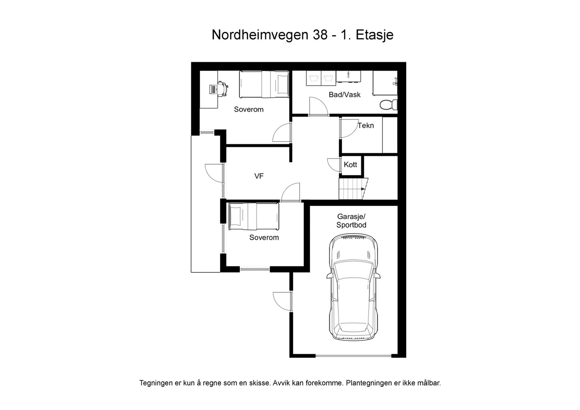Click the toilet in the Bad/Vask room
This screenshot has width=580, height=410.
click(389, 105)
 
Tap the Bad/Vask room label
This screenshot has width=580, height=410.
click(344, 95)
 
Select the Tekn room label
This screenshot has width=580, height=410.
click(365, 126)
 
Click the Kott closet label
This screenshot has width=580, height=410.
click(350, 165)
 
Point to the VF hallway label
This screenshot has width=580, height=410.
click(259, 176)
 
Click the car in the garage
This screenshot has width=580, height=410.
click(353, 286)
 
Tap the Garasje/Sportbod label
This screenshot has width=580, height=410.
click(351, 221)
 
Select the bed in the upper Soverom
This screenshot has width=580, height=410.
click(264, 84)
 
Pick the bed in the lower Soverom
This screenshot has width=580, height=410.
click(253, 216)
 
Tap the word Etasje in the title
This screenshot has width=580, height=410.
click(374, 35)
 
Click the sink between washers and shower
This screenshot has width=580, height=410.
click(348, 76)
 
